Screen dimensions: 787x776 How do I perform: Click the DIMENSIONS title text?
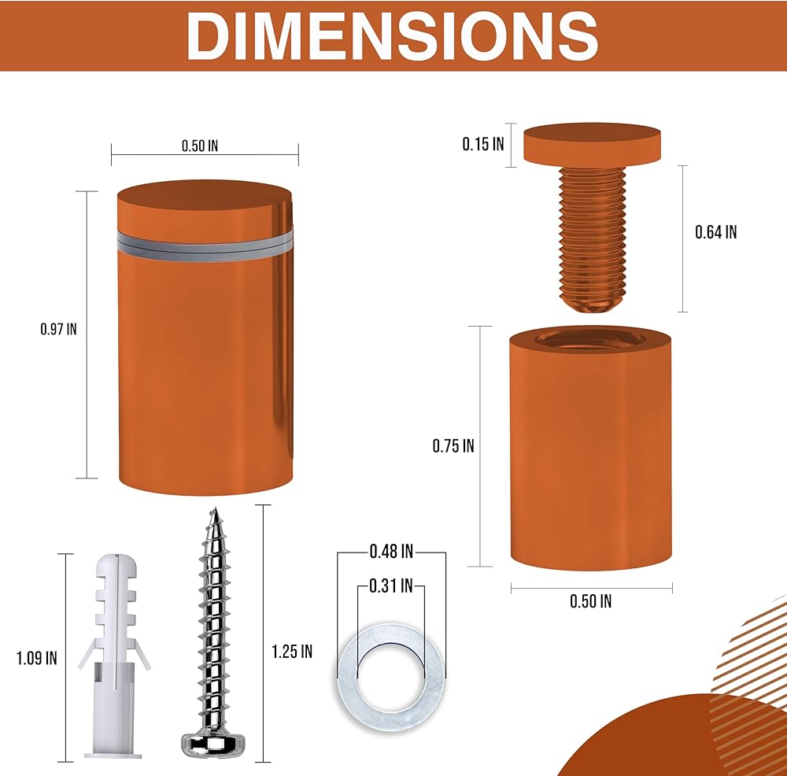point(393,35)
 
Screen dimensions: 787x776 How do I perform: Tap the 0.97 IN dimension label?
point(59,329)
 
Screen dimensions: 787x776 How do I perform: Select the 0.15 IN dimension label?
point(483,144)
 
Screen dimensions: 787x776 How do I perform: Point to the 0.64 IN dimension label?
point(715,232)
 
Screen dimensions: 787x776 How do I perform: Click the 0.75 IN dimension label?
point(453,445)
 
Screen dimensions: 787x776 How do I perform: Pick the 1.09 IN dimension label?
point(37,658)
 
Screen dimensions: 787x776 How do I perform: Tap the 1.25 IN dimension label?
point(292,652)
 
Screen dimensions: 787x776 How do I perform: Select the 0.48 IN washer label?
point(391,552)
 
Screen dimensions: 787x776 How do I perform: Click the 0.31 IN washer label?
point(391,586)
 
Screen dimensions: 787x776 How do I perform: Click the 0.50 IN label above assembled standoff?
point(200,146)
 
